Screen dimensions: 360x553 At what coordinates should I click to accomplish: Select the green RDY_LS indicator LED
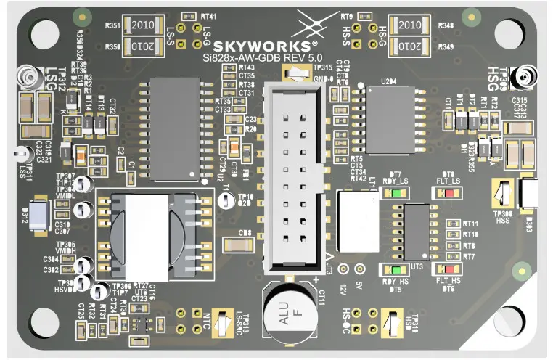396,193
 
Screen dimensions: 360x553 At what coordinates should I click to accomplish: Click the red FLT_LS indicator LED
449,193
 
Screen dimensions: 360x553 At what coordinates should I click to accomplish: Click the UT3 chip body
417,232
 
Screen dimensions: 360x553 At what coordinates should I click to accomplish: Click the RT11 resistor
454,224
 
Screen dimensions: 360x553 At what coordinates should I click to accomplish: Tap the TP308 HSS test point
502,194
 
